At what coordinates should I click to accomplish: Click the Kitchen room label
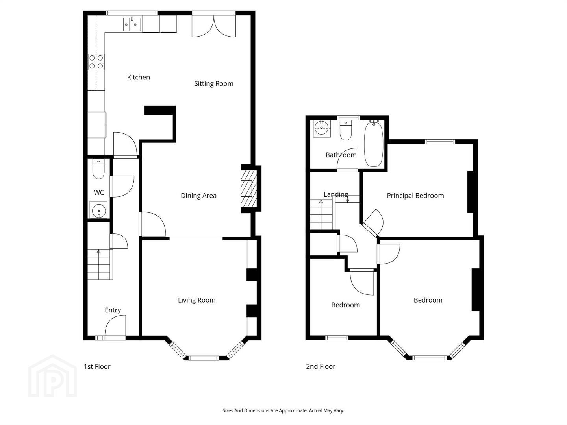[139, 77]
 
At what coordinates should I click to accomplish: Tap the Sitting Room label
[214, 83]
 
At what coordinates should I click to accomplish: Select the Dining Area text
[198, 196]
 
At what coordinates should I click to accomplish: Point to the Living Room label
[196, 300]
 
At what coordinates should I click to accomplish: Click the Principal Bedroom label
[415, 196]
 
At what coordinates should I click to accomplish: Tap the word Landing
[336, 194]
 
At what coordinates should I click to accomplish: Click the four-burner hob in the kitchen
[96, 62]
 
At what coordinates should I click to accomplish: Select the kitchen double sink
[132, 24]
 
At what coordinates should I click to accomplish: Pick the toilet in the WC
[98, 169]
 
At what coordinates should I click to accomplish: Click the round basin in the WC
[98, 210]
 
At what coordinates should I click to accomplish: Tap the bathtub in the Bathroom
[374, 144]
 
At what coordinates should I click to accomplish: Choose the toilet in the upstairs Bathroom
[345, 130]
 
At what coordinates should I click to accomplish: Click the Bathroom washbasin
[322, 129]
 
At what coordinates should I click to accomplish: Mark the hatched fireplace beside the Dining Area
[249, 189]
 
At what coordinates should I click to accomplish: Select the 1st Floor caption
[97, 366]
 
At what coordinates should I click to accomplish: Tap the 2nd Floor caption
[321, 366]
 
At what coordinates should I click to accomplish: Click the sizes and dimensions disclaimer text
[283, 410]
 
